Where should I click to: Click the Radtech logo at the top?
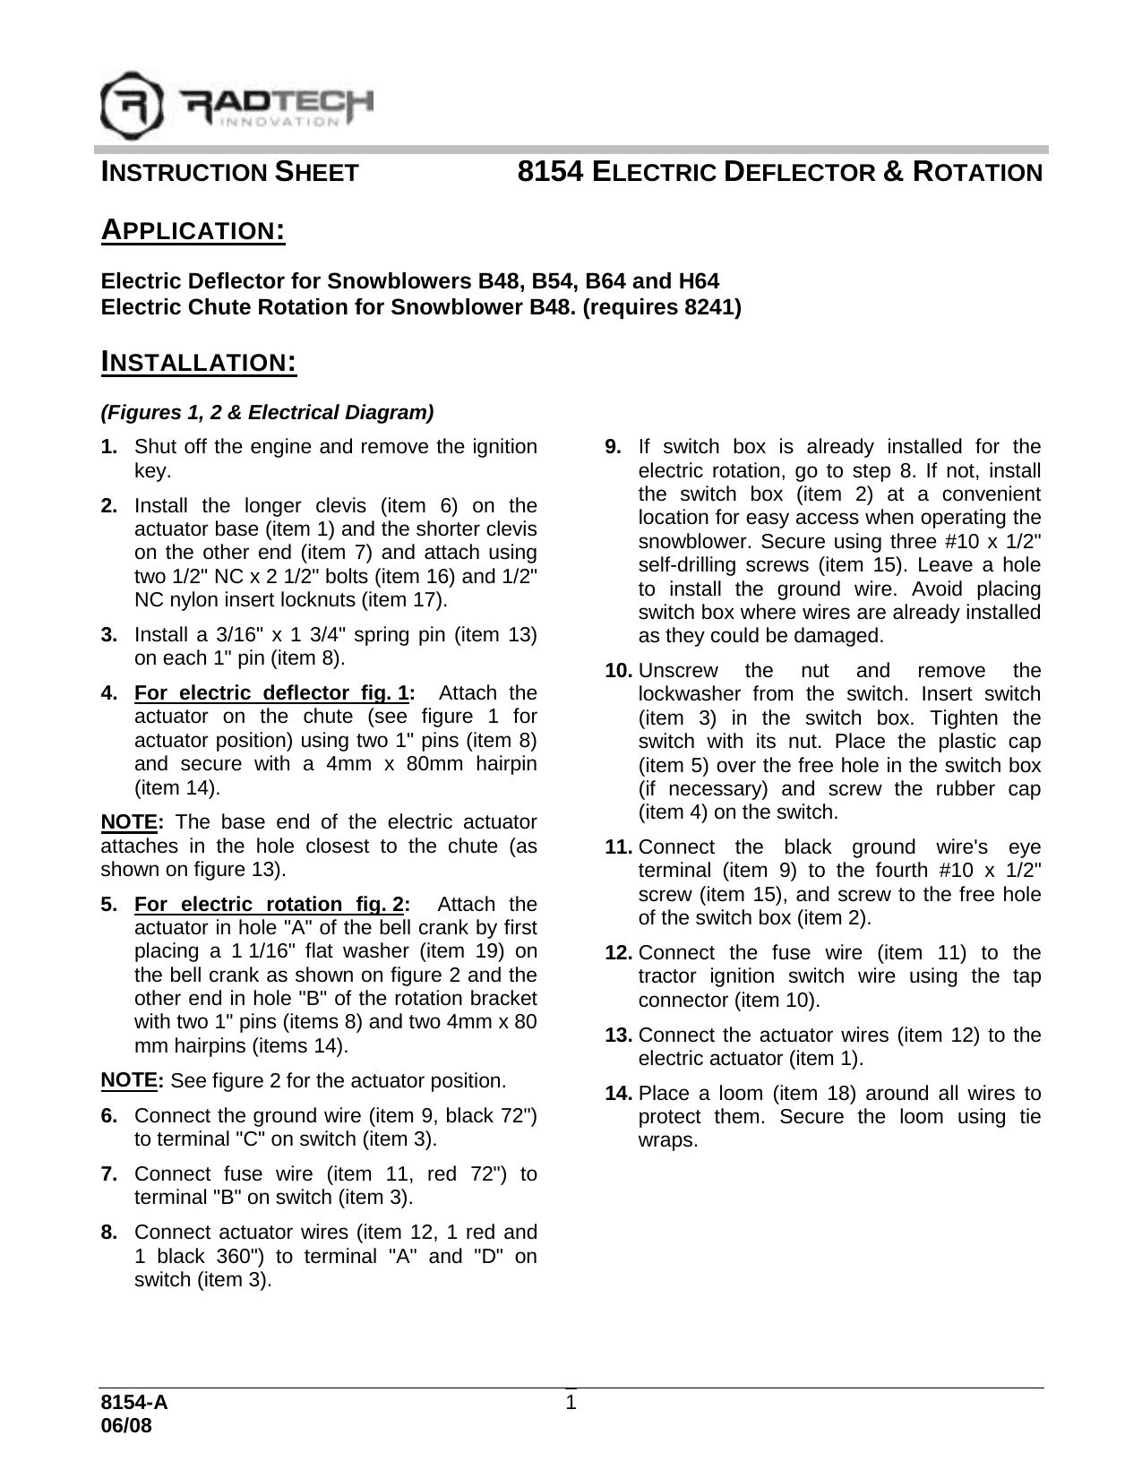[236, 105]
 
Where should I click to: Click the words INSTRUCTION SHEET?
[229, 172]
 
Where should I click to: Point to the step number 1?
[108, 447]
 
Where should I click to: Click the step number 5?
[108, 904]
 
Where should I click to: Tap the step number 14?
[620, 1094]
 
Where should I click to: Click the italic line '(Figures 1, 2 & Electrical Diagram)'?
[267, 413]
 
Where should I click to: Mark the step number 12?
[620, 952]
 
